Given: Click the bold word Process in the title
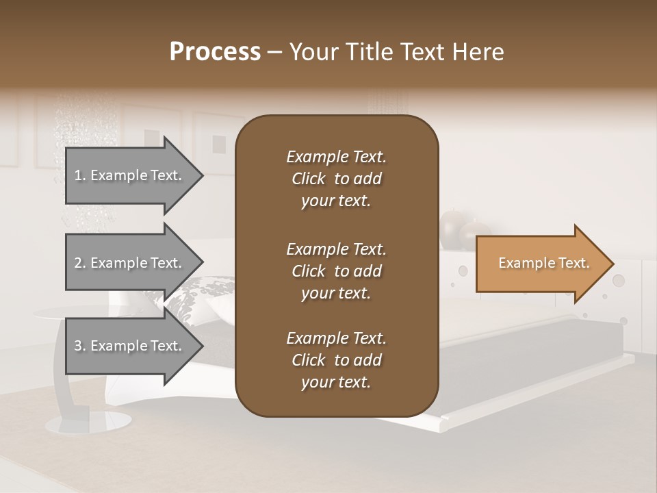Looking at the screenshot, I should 215,52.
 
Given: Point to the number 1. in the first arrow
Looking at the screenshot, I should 80,176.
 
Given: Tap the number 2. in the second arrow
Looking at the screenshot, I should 80,263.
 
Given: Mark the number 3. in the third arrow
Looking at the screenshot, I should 80,346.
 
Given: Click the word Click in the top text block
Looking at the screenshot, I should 308,179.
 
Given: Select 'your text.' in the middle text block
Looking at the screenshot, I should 336,293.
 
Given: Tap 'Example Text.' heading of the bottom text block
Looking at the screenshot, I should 336,338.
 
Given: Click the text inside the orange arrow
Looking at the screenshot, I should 543,264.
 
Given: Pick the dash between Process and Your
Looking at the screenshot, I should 275,53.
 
